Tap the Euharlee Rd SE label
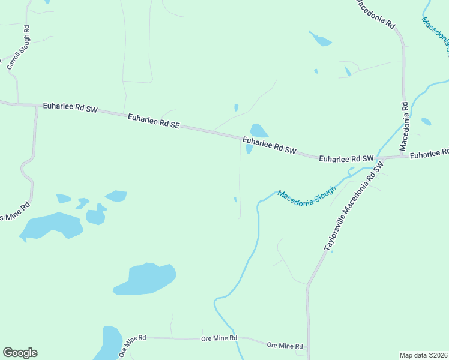pos(153,121)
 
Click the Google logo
pos(20,353)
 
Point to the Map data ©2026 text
pos(423,355)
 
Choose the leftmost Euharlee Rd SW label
pos(70,107)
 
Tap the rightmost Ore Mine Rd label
pos(285,346)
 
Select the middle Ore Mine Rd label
pos(219,339)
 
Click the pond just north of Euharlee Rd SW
pos(259,130)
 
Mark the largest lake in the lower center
pos(145,279)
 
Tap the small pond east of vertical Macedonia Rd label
pos(426,122)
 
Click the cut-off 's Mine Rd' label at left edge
pos(15,211)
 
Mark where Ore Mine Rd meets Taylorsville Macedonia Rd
pos(307,347)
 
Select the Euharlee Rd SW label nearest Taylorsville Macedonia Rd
pos(346,159)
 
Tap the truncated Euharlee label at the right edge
pos(429,154)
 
